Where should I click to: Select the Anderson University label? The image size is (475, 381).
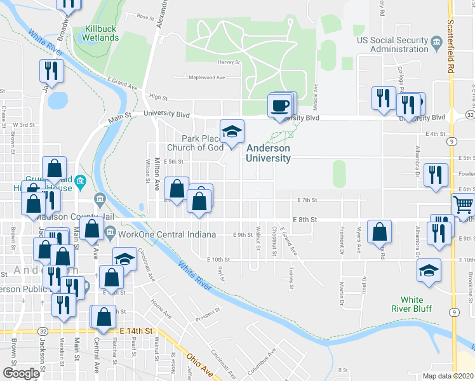269,153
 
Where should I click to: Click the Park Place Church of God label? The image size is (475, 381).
203,143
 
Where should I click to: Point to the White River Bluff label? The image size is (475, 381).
417,304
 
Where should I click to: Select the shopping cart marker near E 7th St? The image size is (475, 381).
464,205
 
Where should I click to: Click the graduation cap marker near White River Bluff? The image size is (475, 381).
429,270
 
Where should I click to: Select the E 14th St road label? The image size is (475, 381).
136,331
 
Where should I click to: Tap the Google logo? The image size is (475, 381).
21,373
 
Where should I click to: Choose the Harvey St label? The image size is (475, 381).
230,62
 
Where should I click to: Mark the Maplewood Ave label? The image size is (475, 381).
207,77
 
